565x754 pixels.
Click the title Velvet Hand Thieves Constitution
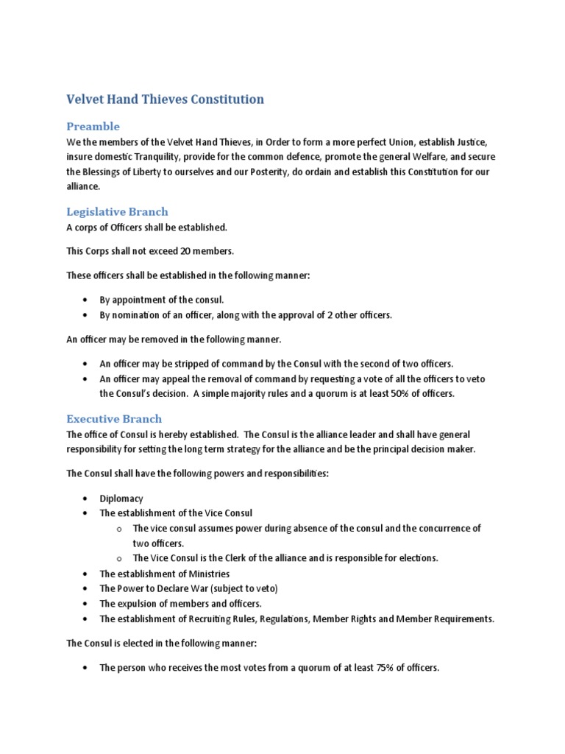tap(166, 99)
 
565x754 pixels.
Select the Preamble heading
tap(93, 126)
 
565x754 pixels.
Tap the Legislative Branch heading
tap(118, 211)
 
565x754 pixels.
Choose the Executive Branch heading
tap(114, 419)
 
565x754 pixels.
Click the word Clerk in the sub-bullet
tap(225, 557)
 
